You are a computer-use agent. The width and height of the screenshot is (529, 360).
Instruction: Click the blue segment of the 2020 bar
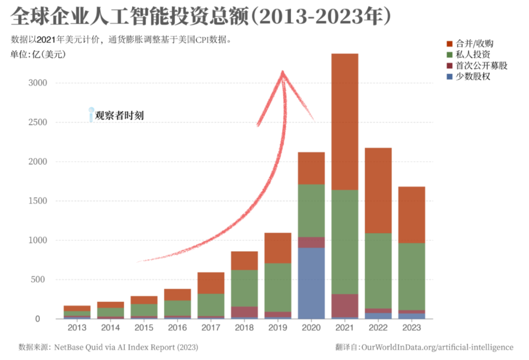pyautogui.click(x=311, y=283)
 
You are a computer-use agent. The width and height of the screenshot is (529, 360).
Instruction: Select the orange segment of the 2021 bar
pyautogui.click(x=344, y=122)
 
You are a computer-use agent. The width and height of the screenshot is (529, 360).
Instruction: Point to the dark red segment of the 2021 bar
pyautogui.click(x=344, y=306)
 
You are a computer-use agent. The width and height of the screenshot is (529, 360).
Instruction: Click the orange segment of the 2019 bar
pyautogui.click(x=278, y=248)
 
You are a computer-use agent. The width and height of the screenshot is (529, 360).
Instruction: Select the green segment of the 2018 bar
pyautogui.click(x=244, y=288)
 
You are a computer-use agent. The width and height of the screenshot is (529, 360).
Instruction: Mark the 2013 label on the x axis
pyautogui.click(x=77, y=328)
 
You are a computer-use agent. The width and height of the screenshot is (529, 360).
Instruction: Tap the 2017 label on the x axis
pyautogui.click(x=211, y=328)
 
